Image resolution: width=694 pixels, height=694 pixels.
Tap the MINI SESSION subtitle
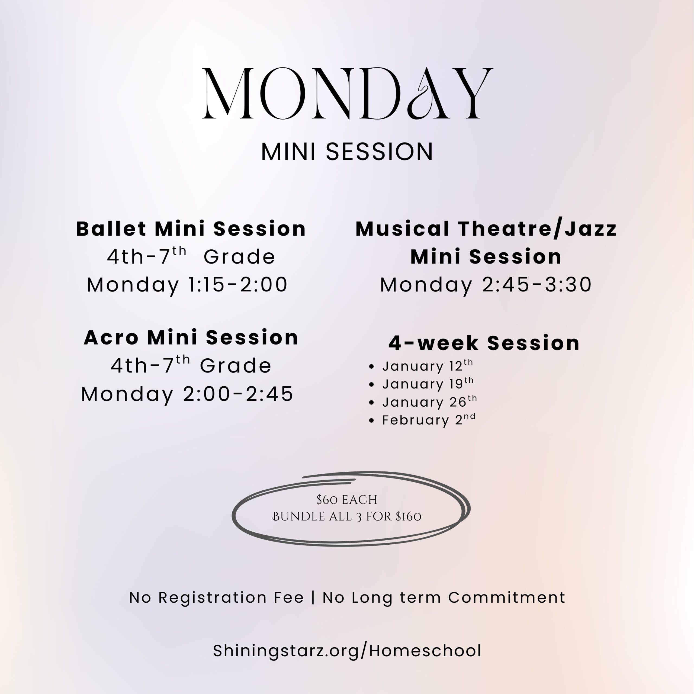pos(347,152)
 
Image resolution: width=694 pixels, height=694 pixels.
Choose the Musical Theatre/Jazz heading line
pos(486,229)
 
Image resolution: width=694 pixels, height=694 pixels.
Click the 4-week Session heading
pos(484,343)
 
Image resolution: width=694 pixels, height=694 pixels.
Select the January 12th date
pos(428,366)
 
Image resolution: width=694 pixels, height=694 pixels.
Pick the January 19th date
pos(428,384)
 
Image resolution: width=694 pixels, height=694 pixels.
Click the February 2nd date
pos(429,420)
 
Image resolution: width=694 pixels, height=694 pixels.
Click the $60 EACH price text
pos(347,500)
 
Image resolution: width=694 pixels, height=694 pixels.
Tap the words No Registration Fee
pos(217,597)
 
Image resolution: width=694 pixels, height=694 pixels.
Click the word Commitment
pos(507,597)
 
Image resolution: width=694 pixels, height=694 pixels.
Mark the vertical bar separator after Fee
pos(313,598)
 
